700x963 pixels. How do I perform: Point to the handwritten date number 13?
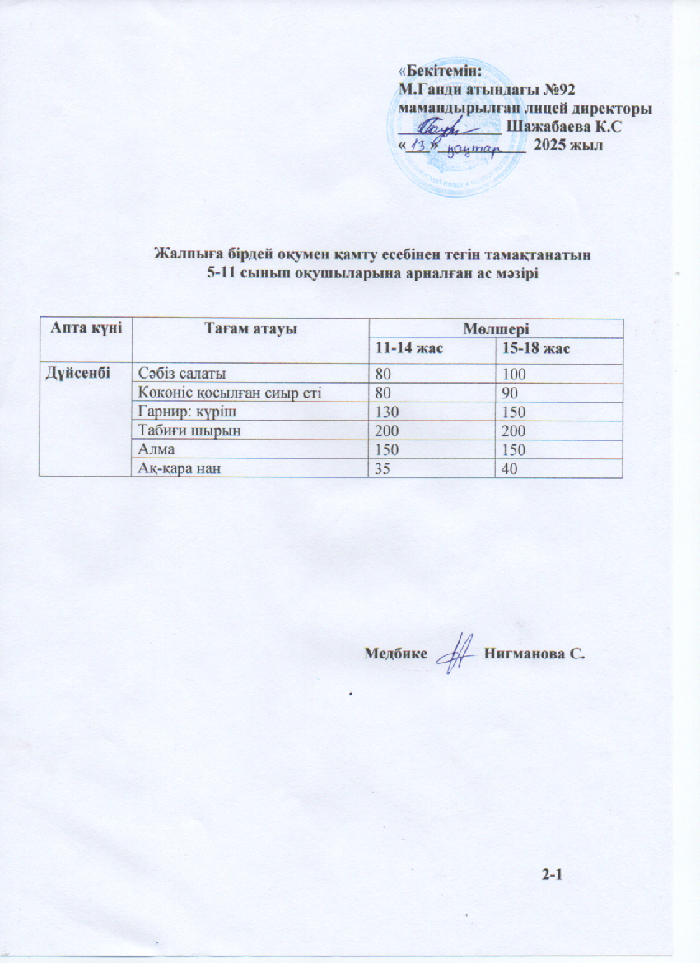point(421,146)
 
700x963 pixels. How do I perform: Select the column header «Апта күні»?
point(82,328)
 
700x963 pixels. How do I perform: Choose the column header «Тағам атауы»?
point(249,328)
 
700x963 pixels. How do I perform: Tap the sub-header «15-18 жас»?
point(537,349)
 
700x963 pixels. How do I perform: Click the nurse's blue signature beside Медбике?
point(455,656)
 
